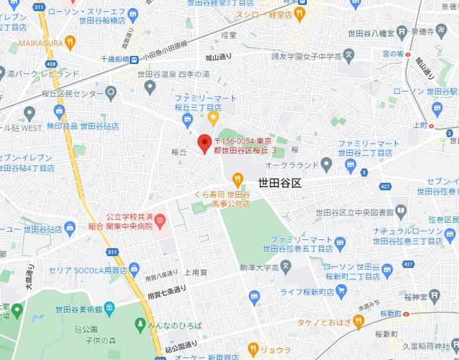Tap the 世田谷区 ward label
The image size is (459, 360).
[279, 183]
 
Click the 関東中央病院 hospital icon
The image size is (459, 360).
[160, 219]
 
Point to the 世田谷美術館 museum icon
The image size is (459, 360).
[109, 307]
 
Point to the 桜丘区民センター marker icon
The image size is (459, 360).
[112, 93]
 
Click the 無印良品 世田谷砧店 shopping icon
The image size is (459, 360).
[60, 113]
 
